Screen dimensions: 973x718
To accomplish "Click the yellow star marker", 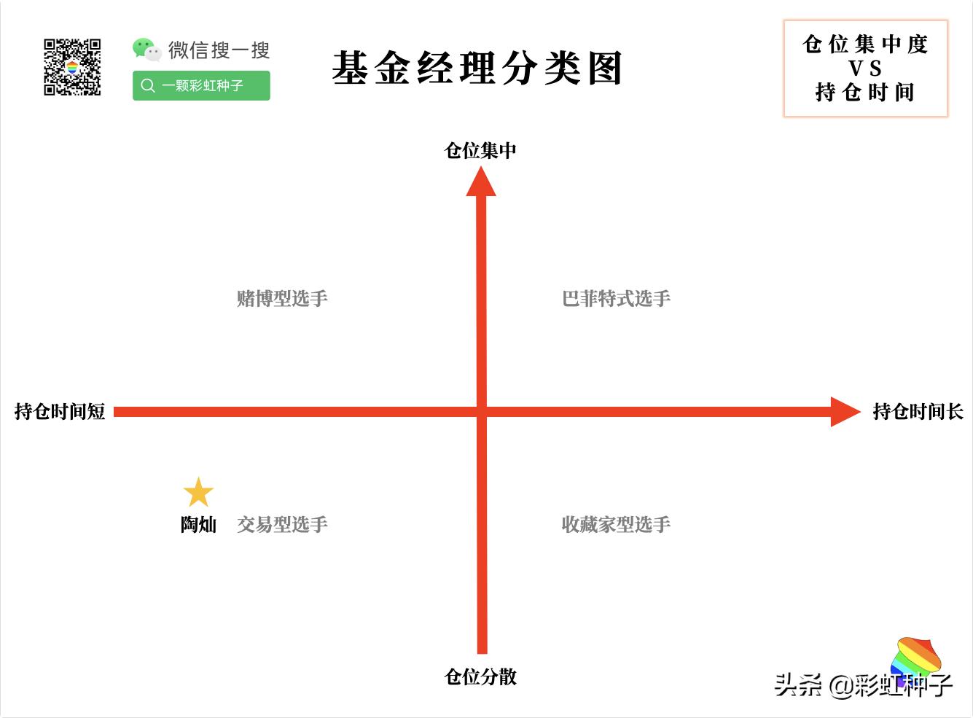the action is coord(198,493).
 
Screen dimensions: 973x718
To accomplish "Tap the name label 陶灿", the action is coord(198,525).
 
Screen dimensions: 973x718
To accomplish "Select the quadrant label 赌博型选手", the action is coord(282,298).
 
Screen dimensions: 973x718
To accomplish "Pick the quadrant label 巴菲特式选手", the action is coord(616,298).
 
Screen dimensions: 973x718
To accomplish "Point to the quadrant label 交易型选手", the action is coord(282,525).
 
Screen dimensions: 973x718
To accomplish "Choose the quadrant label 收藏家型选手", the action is coord(616,525).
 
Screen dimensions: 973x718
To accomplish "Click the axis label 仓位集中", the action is coord(480,150).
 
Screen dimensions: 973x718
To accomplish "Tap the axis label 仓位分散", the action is coord(480,677).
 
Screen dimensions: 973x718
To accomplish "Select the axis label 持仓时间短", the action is coord(60,412).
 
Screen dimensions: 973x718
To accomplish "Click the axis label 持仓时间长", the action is coord(918,412).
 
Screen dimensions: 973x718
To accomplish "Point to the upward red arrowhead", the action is coord(481,182).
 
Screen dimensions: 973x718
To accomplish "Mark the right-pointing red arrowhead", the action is coord(845,412).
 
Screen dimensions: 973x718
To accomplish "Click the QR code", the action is coord(72,67).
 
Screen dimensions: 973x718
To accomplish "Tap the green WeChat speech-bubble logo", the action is coord(146,50).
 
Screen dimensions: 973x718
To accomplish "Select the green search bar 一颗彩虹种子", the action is coord(201,85).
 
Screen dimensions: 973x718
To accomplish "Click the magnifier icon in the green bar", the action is coord(148,85).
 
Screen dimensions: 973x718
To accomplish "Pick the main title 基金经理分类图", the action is coord(477,69).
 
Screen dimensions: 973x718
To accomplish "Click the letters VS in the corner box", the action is coord(865,69).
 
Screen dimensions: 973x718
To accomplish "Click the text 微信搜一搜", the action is coord(219,50).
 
